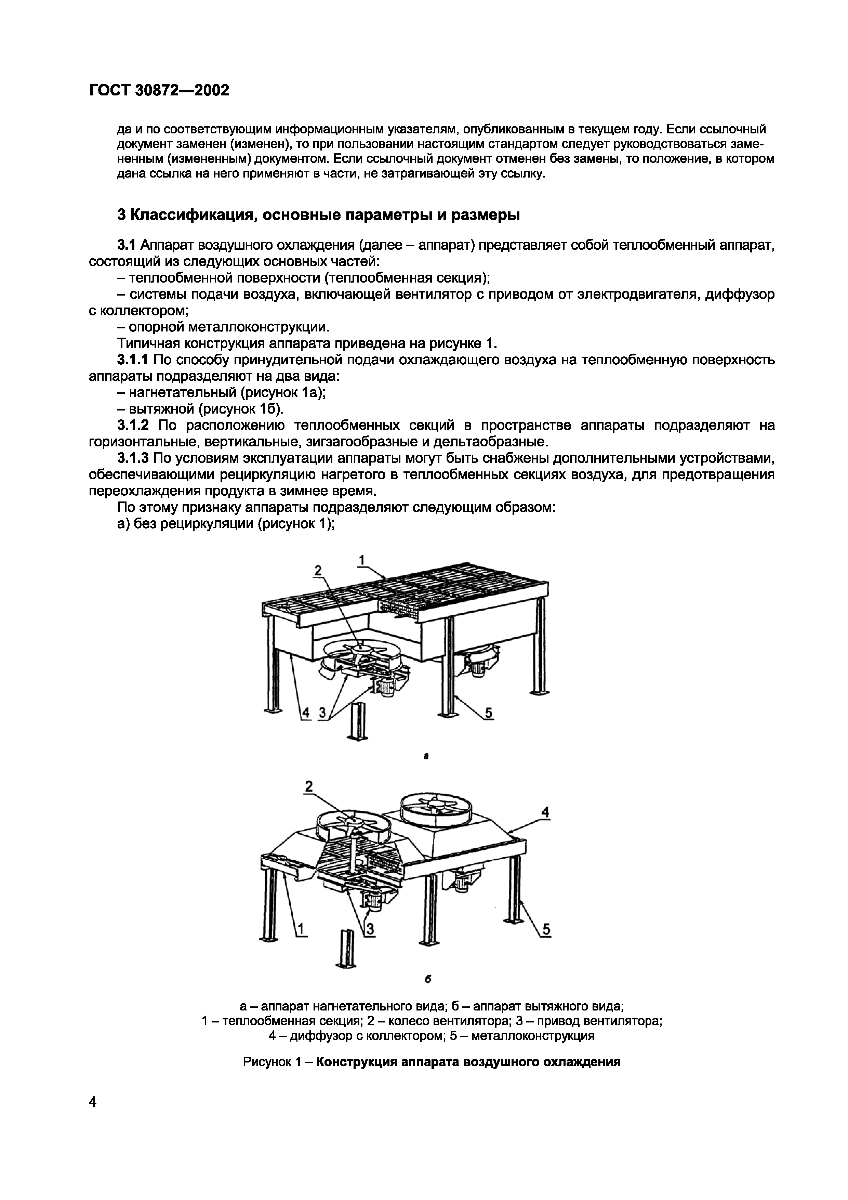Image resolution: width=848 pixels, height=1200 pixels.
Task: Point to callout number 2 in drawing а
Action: [x=317, y=571]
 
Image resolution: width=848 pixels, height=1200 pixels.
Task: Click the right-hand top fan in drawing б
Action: [x=435, y=810]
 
